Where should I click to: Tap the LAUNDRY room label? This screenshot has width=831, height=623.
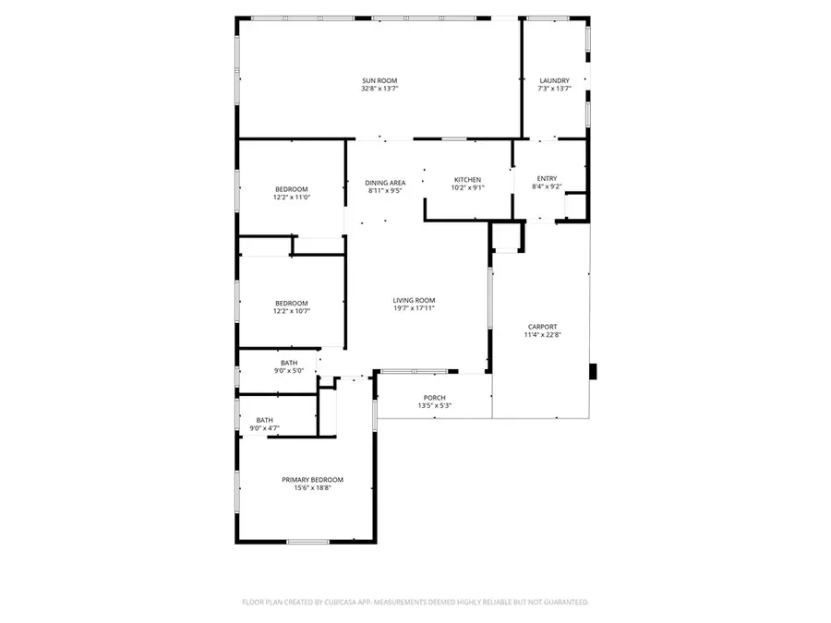click(x=554, y=80)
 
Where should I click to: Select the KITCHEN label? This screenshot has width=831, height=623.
click(x=467, y=179)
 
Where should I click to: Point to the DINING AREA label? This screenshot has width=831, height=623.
click(x=385, y=183)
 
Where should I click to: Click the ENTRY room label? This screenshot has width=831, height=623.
click(x=548, y=178)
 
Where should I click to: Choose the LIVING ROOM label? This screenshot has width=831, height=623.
click(x=414, y=300)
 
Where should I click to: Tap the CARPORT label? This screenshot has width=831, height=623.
click(x=543, y=326)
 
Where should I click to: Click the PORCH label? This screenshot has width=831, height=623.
click(x=434, y=398)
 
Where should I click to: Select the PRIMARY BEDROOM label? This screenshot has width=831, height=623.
click(x=312, y=480)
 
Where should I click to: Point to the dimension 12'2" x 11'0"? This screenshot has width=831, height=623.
click(x=291, y=197)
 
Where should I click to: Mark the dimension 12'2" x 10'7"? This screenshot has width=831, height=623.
click(x=291, y=311)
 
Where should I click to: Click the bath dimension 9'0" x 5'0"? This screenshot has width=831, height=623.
click(x=289, y=371)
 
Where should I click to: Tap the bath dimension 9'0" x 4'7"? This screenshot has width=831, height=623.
click(x=265, y=428)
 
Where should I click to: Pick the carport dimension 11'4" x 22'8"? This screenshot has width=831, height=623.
click(x=543, y=334)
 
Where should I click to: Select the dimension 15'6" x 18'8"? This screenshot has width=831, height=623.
click(x=312, y=488)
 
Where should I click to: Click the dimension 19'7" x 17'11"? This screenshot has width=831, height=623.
click(x=414, y=308)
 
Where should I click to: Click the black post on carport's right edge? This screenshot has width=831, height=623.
click(x=594, y=372)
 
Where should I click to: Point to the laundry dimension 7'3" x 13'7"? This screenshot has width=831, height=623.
click(x=554, y=89)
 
